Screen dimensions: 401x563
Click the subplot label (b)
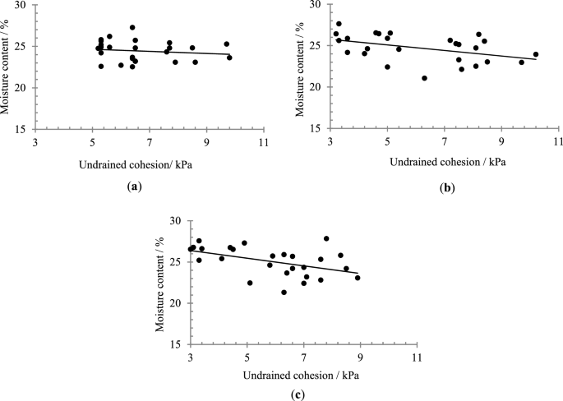click(446, 187)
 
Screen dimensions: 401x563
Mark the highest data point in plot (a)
click(132, 27)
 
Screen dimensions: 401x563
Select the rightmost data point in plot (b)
click(536, 54)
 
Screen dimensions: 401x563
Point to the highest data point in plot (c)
click(326, 238)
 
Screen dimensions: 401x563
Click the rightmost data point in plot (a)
click(229, 58)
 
